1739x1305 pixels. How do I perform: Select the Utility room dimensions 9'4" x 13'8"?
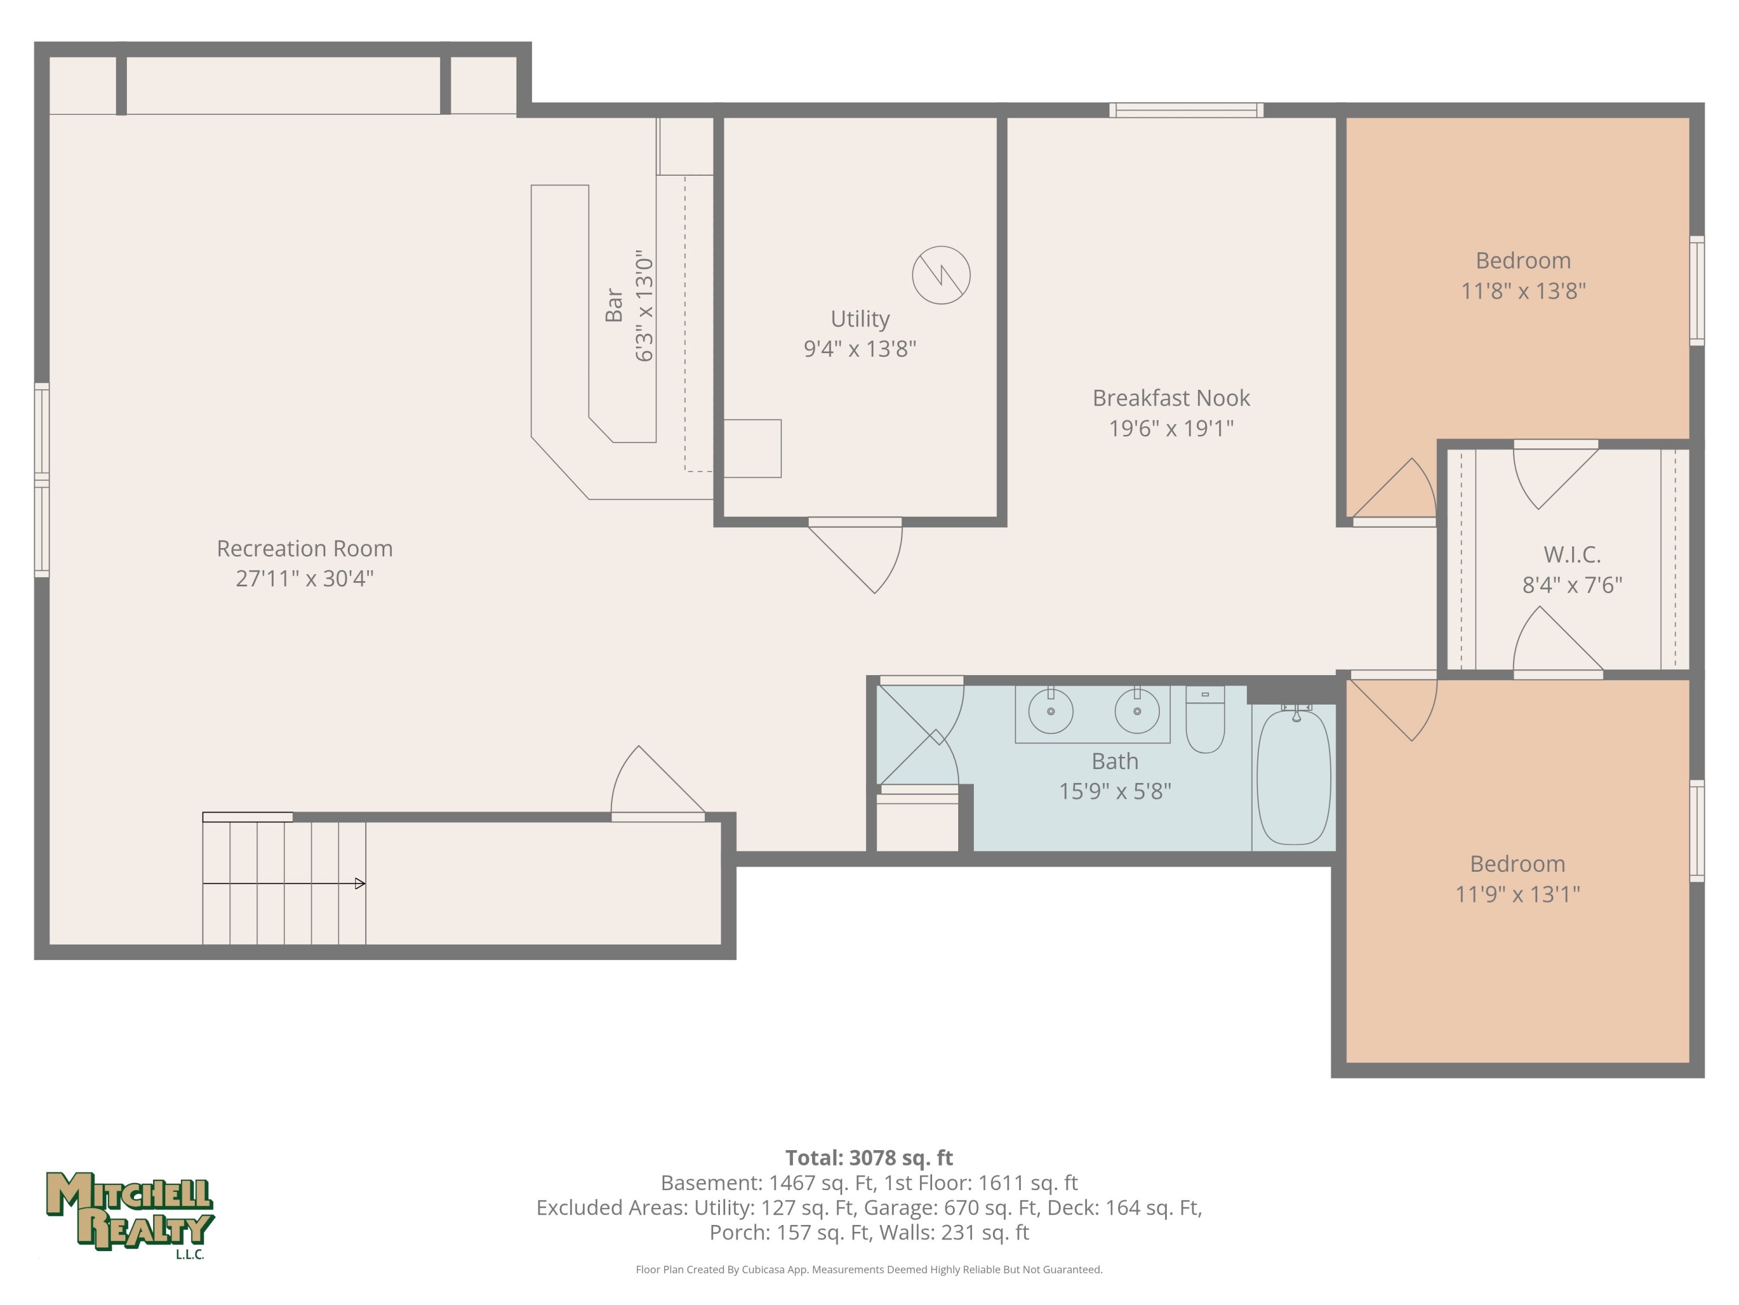coord(860,349)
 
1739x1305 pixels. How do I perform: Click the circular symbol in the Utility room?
coord(941,275)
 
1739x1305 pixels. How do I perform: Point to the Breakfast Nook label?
coord(1172,398)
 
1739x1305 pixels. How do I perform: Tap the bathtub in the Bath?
coord(1294,775)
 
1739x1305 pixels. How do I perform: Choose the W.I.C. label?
coord(1572,554)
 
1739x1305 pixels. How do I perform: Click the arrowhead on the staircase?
coord(360,883)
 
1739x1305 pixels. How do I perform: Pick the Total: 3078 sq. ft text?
coord(869,1158)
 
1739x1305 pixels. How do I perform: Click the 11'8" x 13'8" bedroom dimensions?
coord(1523,291)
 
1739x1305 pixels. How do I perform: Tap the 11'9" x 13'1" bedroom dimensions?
coord(1518,894)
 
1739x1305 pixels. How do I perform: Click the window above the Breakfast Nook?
coord(1187,110)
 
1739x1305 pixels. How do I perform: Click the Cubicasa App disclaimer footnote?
coord(869,1270)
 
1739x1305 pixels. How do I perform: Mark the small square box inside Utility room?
coord(752,448)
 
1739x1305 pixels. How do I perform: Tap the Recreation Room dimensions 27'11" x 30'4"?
coord(305,579)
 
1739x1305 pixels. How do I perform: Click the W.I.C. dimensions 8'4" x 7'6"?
coord(1572,585)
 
